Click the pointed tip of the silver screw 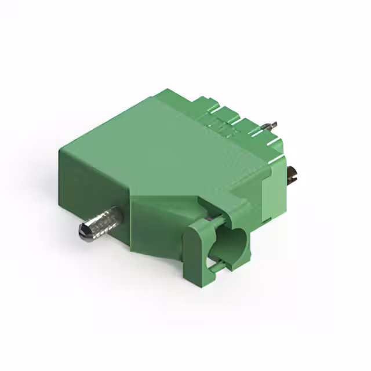click(82, 232)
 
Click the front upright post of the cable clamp click(194, 255)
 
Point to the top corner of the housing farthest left click(60, 150)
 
